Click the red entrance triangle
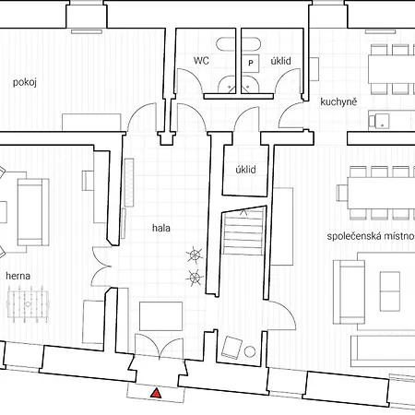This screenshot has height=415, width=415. coord(157,394)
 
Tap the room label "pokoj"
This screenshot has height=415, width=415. coord(25,82)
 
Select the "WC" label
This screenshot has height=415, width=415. coord(201,61)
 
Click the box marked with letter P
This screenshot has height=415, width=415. coord(251,63)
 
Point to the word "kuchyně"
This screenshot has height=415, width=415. coord(338,101)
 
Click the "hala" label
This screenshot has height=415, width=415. coord(161,228)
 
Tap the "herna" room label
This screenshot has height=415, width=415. coord(18,276)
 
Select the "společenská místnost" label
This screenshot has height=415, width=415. coord(371,236)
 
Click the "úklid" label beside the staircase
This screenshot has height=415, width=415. coord(245,170)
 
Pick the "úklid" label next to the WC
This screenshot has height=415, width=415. coord(280,61)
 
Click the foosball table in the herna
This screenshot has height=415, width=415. coord(28,304)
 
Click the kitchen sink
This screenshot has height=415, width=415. coord(379,121)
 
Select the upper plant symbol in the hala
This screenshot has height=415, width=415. coord(195,255)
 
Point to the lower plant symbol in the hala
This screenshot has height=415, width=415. coord(195,278)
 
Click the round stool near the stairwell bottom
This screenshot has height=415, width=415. coord(250,351)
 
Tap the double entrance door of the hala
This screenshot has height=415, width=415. coord(160,346)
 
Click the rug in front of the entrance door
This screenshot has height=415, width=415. coord(160,316)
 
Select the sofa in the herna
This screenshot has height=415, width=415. coord(33,212)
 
